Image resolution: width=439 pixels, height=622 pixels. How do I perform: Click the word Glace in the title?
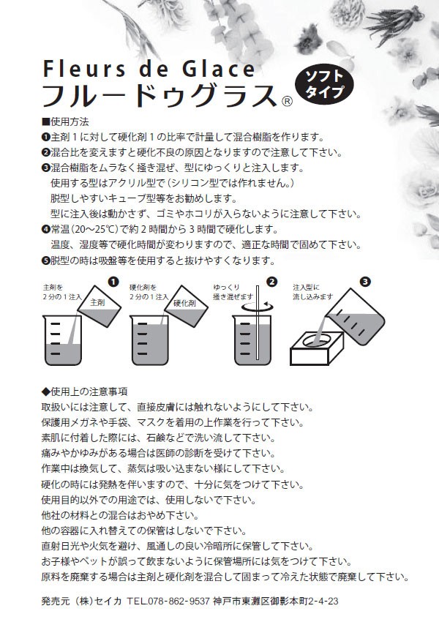(219, 69)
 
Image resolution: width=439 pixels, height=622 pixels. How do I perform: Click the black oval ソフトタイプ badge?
(324, 83)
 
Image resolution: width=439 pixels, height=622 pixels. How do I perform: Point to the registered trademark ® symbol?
(287, 102)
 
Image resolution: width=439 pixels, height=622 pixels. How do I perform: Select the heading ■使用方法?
(65, 121)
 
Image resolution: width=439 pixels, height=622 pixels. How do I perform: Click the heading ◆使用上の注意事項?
(84, 391)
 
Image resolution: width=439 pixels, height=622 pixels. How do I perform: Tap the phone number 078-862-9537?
(179, 601)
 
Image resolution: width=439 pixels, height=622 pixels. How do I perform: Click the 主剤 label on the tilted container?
(97, 303)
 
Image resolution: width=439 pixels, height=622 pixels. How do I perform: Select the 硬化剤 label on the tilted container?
(185, 304)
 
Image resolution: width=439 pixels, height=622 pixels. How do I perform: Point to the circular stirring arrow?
(257, 306)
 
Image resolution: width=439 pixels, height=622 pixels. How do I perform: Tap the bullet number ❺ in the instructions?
(45, 261)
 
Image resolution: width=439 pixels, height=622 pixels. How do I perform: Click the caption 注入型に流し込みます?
(313, 292)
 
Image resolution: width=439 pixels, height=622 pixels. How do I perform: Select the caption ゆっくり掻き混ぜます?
(233, 292)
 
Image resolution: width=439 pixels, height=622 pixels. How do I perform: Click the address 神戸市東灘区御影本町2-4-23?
(275, 601)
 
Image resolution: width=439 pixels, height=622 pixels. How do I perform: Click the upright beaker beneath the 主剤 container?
(62, 340)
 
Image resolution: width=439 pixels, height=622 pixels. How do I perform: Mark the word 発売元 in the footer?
(55, 601)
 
